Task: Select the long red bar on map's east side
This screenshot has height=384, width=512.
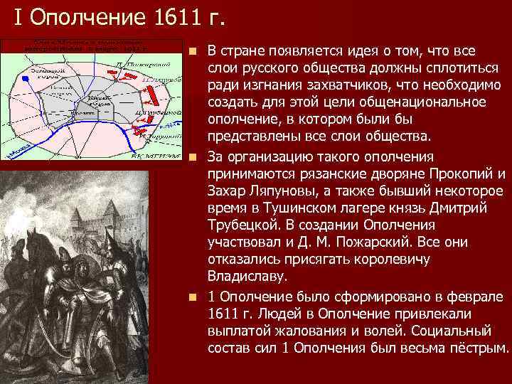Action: click(154, 113)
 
